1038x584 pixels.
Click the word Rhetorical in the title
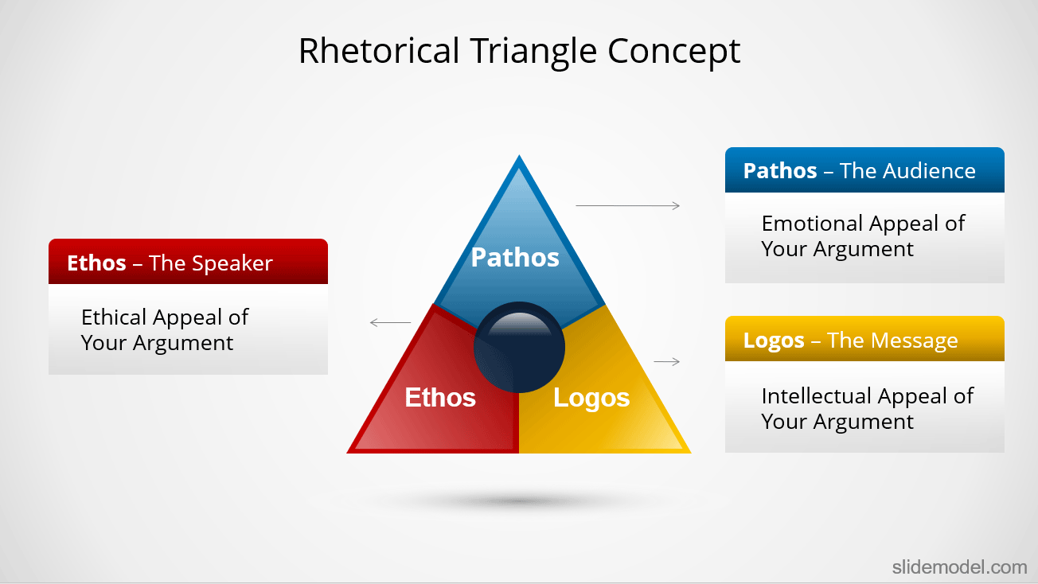(379, 50)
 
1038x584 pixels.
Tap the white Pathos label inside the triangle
(515, 258)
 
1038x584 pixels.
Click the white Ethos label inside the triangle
(440, 397)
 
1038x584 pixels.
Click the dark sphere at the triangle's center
(519, 348)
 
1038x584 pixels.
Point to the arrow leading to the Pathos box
(627, 205)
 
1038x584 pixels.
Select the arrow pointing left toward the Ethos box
(390, 322)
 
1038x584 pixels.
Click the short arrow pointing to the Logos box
(667, 361)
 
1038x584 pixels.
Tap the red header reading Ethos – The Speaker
(188, 262)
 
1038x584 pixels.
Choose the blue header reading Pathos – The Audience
(864, 170)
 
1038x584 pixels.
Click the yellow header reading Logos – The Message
(864, 338)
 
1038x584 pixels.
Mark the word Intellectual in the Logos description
(816, 396)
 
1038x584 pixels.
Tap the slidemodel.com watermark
(960, 566)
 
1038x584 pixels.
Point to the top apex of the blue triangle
(519, 156)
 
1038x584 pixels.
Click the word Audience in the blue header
(929, 171)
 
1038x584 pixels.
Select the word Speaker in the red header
(232, 264)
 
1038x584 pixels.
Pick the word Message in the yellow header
(915, 341)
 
